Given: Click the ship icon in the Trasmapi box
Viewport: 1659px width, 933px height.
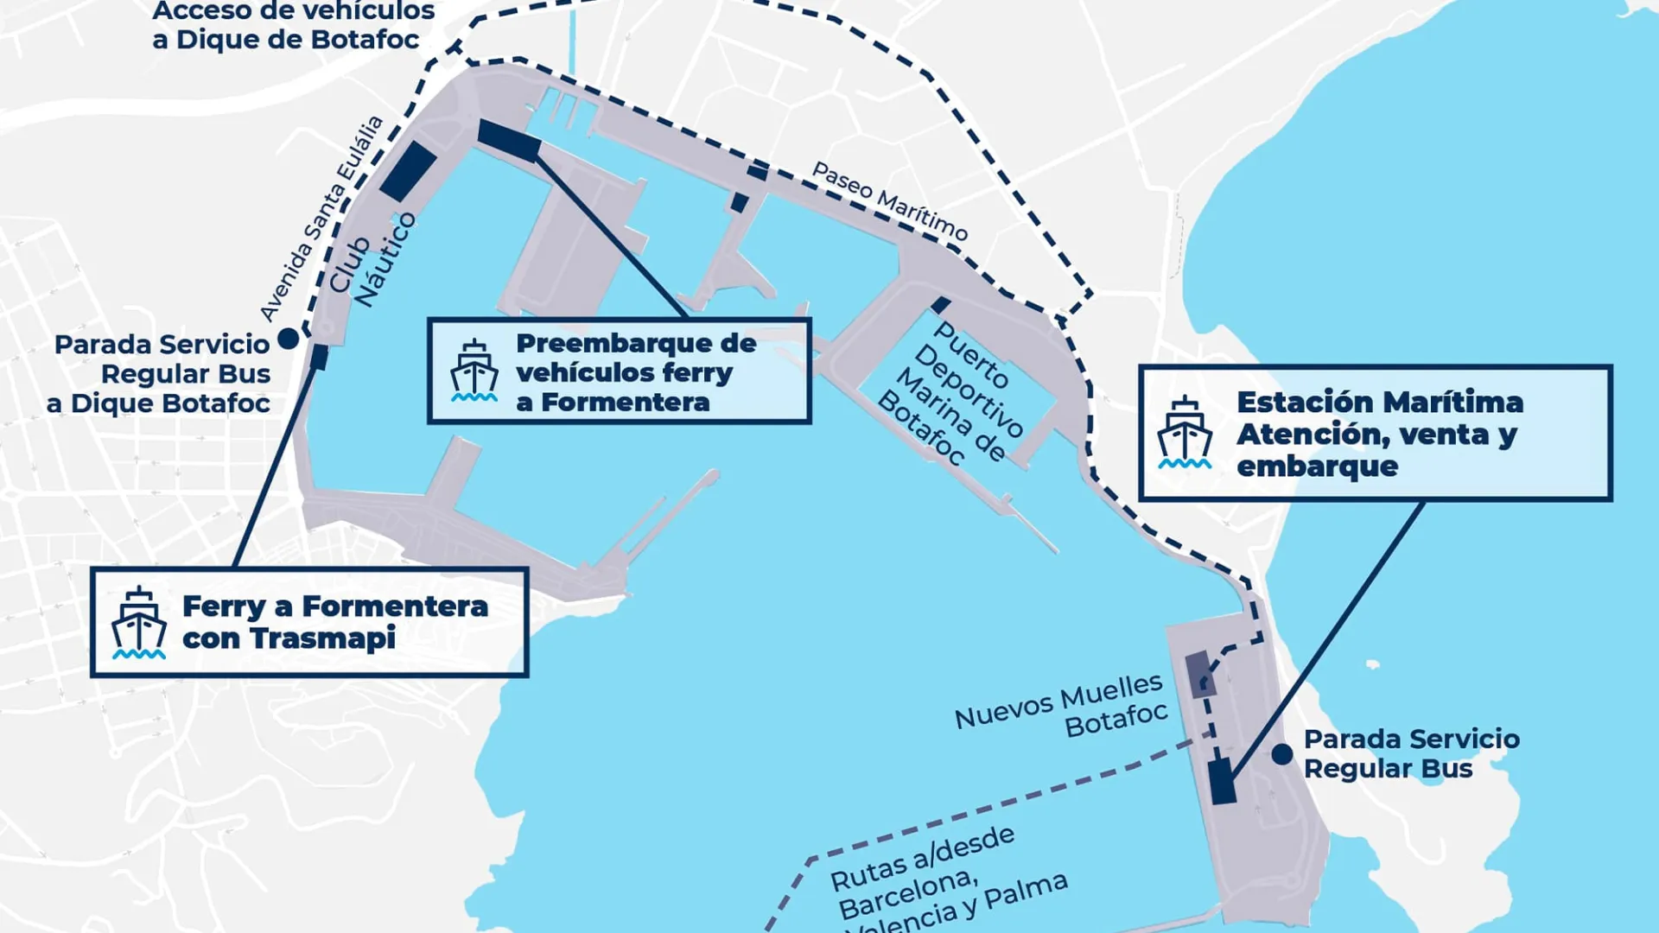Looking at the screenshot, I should click(x=138, y=623).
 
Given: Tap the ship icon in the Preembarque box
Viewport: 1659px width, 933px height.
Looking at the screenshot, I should click(x=474, y=371).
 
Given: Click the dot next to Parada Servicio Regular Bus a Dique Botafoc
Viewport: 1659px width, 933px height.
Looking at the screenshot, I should click(x=289, y=340).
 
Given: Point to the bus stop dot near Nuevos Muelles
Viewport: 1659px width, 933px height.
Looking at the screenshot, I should click(x=1282, y=754).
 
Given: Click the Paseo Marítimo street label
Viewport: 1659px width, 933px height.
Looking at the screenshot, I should click(x=889, y=201).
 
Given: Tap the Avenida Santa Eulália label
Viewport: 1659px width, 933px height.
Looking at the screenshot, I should click(x=321, y=219).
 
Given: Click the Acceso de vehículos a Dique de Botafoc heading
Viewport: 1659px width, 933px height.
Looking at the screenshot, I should click(x=293, y=25).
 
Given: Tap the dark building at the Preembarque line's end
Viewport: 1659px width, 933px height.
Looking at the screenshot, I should click(x=508, y=141).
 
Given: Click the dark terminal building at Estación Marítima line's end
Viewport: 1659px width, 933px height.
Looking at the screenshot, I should click(x=1222, y=782).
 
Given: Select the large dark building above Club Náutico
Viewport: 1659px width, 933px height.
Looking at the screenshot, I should click(x=408, y=171).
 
